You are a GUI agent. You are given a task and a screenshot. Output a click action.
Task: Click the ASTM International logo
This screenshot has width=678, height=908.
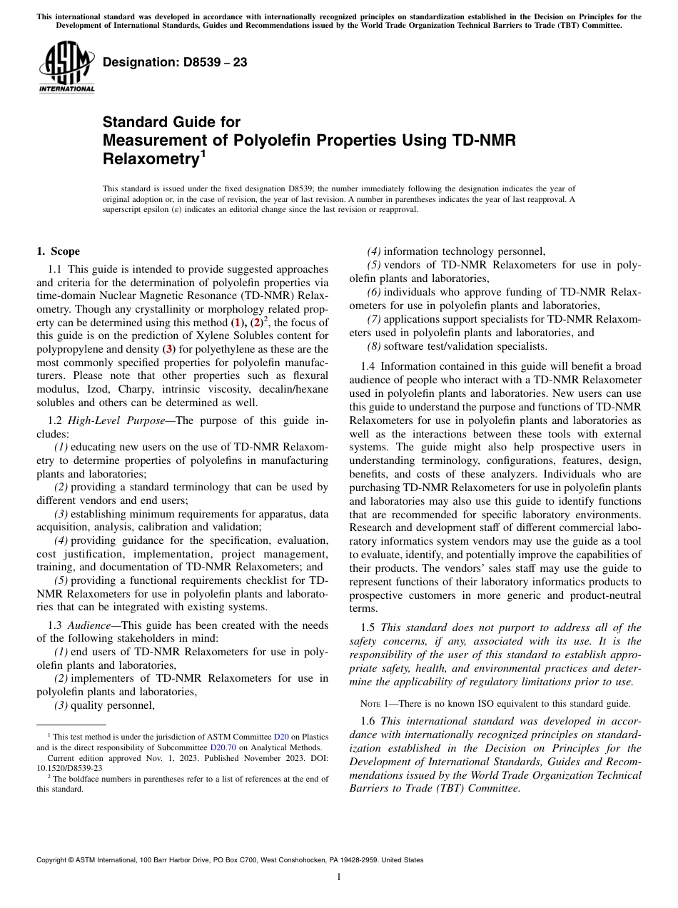click(66, 66)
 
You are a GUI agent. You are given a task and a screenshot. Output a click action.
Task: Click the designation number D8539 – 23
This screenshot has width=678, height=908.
click(175, 62)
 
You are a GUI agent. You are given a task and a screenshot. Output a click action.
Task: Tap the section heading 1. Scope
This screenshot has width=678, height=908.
click(59, 251)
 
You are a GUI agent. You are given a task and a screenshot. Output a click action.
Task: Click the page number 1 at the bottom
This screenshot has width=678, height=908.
click(339, 877)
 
